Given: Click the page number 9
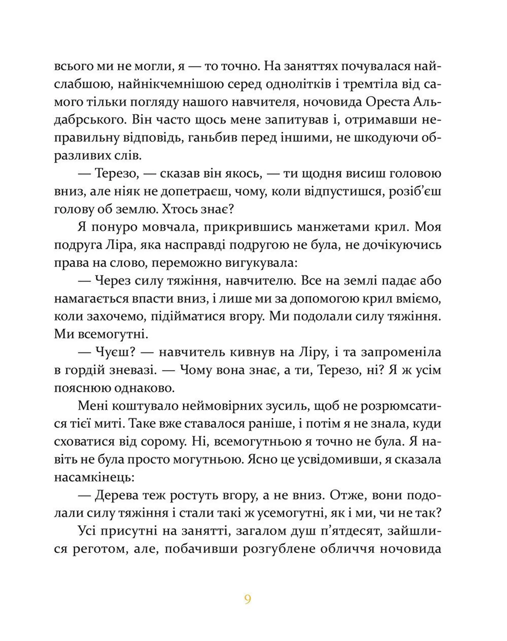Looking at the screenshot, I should [248, 599].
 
